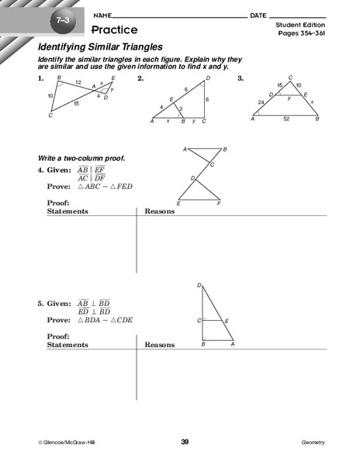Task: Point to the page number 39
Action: click(185, 442)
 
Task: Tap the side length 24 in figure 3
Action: click(261, 101)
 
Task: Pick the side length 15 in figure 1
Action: click(76, 103)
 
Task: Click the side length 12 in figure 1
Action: click(78, 83)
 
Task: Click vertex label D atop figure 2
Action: click(207, 78)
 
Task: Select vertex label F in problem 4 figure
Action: click(220, 203)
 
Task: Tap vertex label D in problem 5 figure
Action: click(199, 286)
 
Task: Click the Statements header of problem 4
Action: click(67, 211)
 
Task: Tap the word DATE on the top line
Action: click(258, 16)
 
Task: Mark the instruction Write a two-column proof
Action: click(81, 158)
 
